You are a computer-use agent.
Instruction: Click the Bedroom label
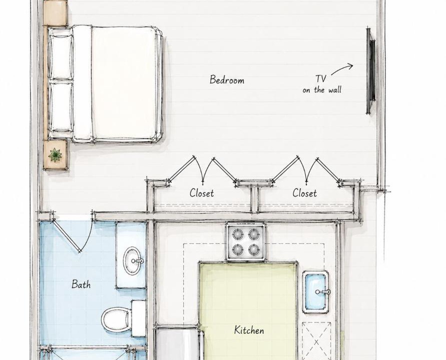[x=227, y=80]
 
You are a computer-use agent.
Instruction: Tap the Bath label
[x=81, y=284]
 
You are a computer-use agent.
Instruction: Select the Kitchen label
[x=249, y=330]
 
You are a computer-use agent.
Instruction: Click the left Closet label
[x=202, y=193]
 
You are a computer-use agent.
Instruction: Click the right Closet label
[x=305, y=193]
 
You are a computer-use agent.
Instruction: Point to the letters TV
[x=321, y=78]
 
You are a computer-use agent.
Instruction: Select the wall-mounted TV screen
[x=370, y=70]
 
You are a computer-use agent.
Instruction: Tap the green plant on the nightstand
[x=55, y=155]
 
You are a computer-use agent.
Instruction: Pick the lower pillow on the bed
[x=61, y=106]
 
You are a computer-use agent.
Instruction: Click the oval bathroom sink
[x=132, y=260]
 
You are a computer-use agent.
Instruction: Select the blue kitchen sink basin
[x=315, y=292]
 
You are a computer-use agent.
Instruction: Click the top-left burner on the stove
[x=237, y=234]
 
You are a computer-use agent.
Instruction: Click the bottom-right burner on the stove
[x=253, y=250]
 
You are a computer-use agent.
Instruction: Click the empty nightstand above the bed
[x=55, y=13]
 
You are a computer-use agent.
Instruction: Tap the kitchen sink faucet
[x=323, y=292]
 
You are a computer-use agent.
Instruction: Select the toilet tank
[x=139, y=318]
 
